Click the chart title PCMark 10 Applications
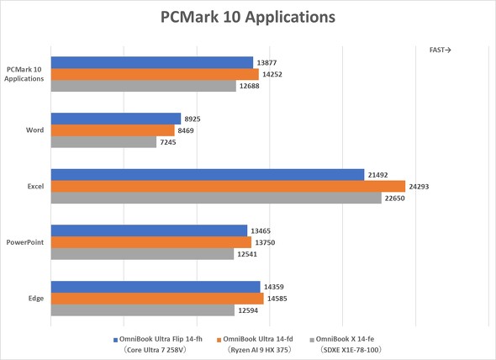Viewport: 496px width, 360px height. point(247,18)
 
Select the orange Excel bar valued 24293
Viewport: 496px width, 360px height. point(227,187)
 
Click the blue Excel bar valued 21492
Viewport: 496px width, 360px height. point(207,175)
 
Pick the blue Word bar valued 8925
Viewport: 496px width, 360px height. point(115,119)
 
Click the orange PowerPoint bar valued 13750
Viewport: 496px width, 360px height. point(150,242)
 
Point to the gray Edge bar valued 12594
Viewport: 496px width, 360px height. point(144,310)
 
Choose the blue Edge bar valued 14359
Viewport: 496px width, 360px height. point(155,287)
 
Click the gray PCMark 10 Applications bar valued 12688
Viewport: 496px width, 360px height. point(144,86)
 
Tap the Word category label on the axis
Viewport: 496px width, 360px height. point(35,130)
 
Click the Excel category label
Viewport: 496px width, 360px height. point(35,187)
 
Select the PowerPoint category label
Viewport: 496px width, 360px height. point(27,242)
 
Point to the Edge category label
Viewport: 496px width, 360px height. point(35,299)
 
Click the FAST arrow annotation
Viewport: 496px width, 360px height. point(440,50)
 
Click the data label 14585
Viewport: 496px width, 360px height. point(278,299)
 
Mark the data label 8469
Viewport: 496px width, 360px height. point(188,130)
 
